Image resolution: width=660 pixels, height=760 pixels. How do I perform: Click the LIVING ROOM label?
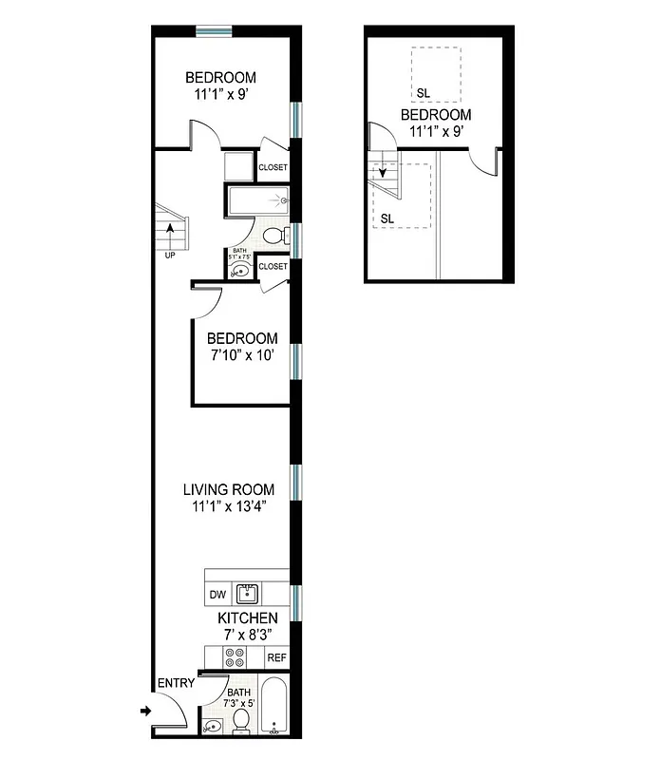(228, 489)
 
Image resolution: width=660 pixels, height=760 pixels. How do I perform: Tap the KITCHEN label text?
(248, 618)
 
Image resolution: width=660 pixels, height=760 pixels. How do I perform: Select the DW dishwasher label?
(217, 596)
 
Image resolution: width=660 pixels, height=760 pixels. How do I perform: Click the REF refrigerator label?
(275, 657)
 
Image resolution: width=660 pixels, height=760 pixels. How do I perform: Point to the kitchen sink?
(247, 595)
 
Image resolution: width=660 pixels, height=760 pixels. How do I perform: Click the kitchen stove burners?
(233, 657)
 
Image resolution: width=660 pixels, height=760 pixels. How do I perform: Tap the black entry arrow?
(145, 710)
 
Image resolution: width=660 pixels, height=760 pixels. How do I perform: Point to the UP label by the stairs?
(170, 255)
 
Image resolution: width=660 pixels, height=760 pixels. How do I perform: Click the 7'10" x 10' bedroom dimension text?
(242, 355)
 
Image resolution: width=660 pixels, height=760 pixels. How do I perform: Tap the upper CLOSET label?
(273, 168)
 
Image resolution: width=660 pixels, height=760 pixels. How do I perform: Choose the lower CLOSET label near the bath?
(273, 267)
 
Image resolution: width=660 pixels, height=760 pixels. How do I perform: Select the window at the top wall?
(215, 31)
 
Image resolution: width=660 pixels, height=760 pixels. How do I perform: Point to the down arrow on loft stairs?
(384, 174)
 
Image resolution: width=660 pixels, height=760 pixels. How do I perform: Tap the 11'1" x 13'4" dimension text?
(228, 506)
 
